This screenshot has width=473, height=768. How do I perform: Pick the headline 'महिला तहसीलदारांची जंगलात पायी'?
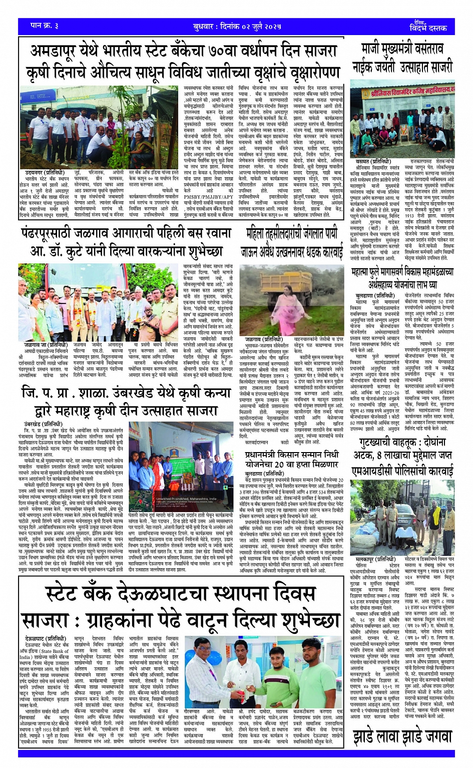(291, 233)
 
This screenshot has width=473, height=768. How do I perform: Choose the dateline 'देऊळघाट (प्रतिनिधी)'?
(46, 639)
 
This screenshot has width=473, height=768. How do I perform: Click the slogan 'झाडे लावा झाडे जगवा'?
(402, 736)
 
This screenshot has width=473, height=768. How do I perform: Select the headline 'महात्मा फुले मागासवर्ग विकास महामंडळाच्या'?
(402, 272)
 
